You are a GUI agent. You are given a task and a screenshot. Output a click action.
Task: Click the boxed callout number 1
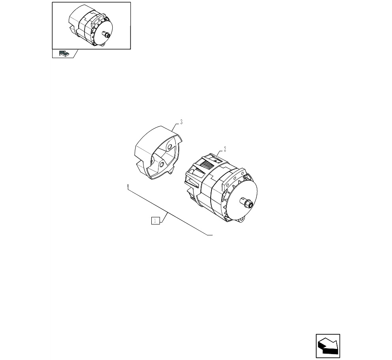(x=156, y=221)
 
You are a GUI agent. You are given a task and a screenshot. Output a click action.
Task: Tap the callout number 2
(x=225, y=149)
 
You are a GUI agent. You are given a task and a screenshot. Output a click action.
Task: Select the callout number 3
(x=181, y=122)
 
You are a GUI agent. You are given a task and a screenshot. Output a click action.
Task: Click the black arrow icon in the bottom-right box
(x=328, y=345)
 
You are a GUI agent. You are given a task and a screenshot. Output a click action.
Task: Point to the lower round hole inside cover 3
(x=162, y=164)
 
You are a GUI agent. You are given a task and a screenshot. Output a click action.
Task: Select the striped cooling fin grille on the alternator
(x=207, y=165)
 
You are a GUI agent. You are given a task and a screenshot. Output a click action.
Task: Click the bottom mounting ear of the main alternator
(x=241, y=219)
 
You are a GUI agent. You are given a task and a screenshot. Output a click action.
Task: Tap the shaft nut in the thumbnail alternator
(x=106, y=34)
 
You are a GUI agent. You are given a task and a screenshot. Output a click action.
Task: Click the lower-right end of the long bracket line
(x=212, y=235)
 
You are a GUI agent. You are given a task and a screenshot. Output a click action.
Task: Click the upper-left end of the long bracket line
(x=128, y=185)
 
